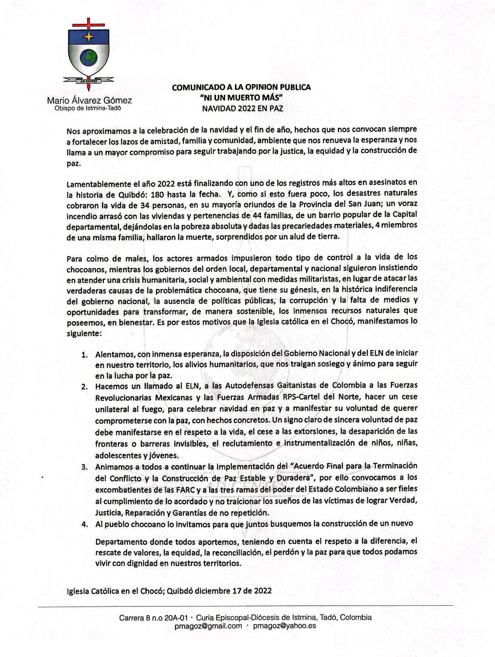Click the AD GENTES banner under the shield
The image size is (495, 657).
tap(89, 80)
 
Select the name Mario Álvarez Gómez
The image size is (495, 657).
tap(89, 101)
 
